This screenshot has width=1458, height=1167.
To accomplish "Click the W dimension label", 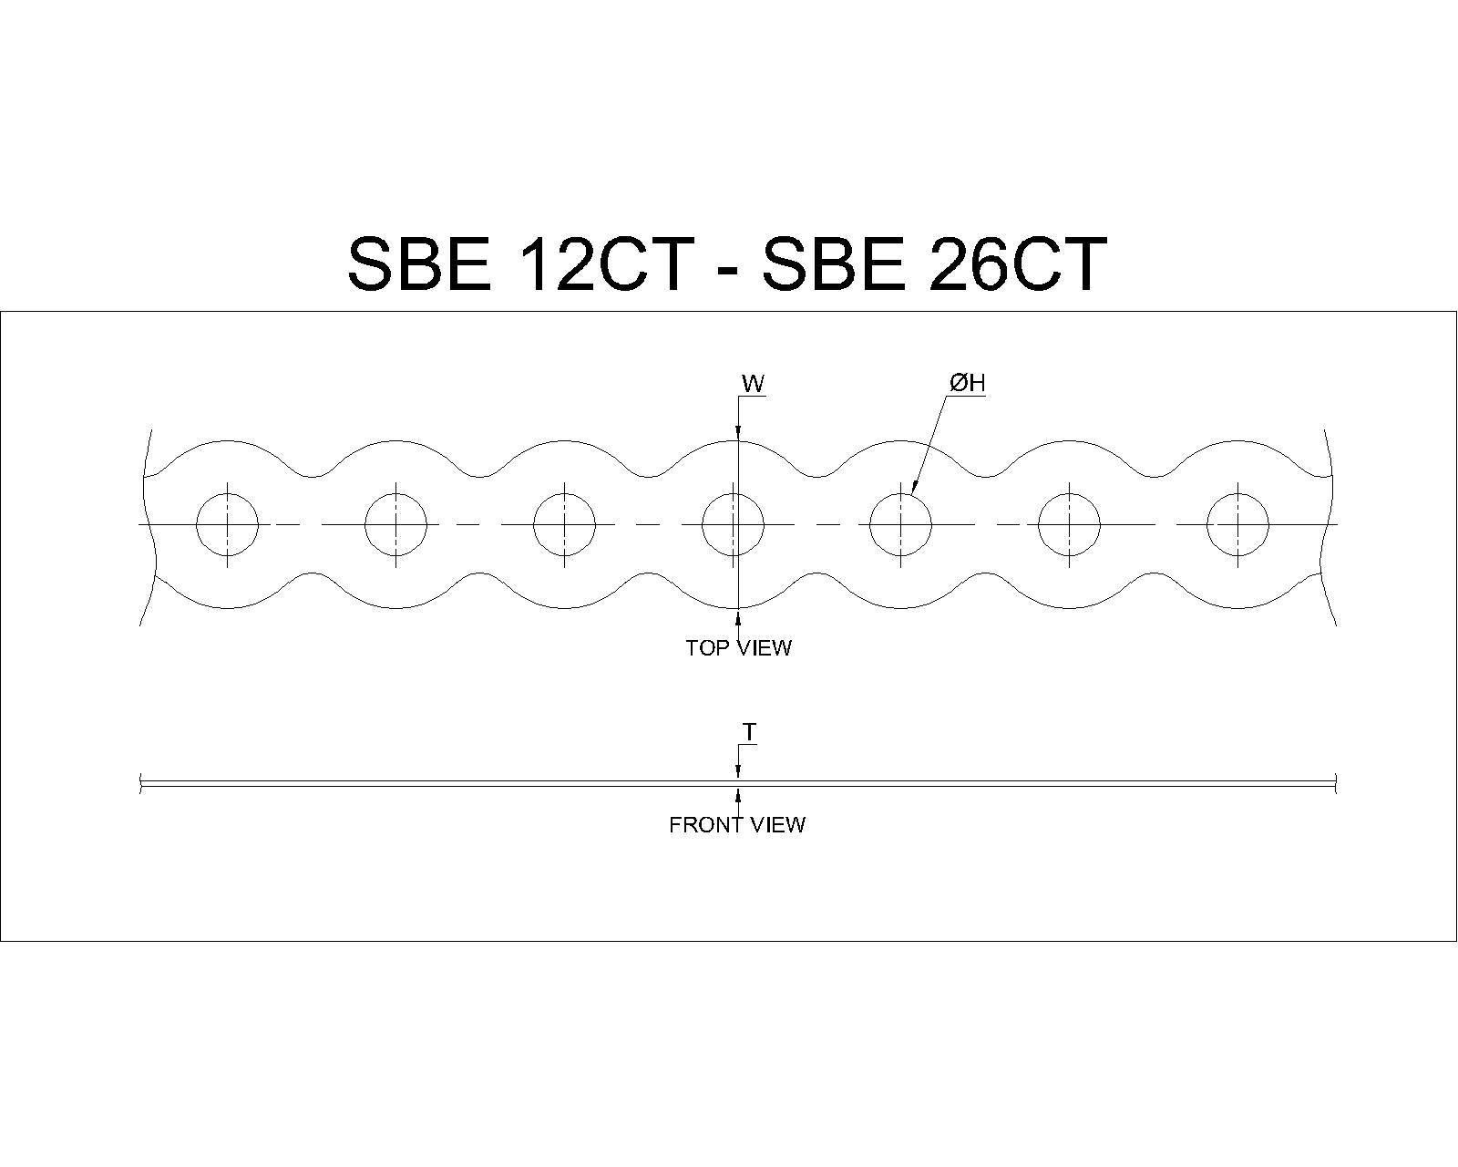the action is point(753,384).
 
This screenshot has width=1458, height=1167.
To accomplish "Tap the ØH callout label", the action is point(967,383).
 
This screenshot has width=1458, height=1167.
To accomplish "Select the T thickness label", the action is point(749,732).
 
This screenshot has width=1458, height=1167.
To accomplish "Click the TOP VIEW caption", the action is point(738,647).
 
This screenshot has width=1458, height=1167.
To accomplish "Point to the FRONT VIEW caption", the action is point(737,824).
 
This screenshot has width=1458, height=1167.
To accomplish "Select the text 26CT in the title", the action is point(1018,263).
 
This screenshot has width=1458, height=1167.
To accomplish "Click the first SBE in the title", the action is point(419,263).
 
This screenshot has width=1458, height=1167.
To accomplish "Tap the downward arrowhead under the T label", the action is point(738,772).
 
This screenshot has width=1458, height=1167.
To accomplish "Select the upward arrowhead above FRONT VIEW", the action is point(738,798).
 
